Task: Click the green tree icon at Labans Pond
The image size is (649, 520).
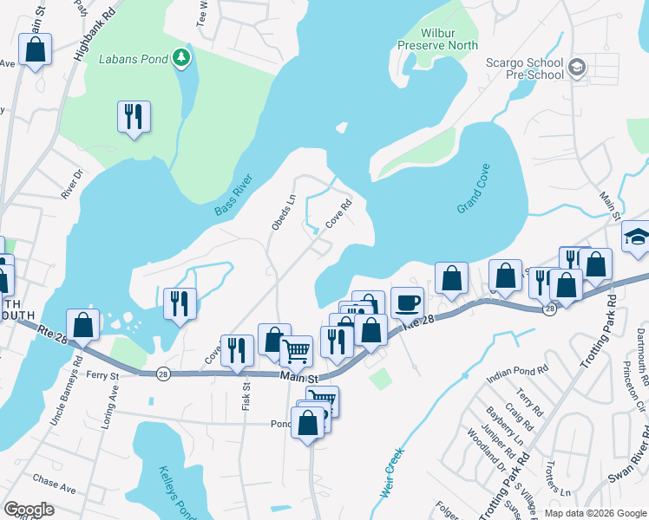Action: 180,57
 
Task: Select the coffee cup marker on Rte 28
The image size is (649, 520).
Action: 407,302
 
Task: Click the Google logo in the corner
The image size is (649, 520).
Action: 28,509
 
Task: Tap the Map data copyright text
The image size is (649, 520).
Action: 594,513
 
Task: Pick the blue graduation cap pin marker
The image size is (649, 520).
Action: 636,237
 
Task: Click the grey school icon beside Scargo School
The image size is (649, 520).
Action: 578,68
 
